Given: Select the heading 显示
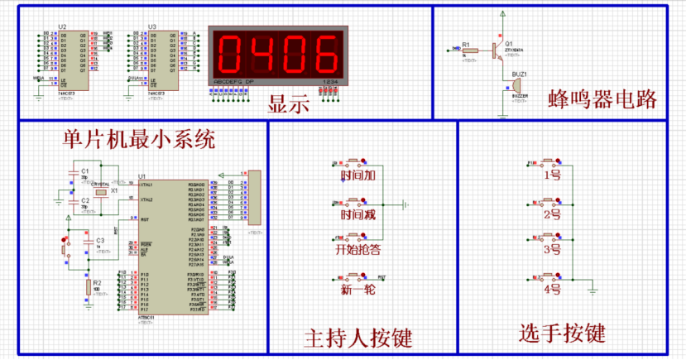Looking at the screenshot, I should [x=288, y=105].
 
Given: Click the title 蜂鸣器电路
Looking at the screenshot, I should [x=602, y=99].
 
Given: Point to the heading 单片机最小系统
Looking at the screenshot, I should [x=139, y=138].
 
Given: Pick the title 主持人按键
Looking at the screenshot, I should [x=358, y=338].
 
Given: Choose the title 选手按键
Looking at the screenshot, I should [x=562, y=334].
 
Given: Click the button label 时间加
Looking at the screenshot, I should [x=357, y=175].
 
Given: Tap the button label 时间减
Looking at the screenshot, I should [x=357, y=214].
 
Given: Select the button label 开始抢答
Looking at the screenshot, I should [x=357, y=249].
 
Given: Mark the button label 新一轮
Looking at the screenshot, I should [x=357, y=290].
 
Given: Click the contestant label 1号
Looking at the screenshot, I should [x=552, y=175].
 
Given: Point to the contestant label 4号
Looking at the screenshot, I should [x=552, y=289].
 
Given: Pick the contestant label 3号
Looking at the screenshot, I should [x=552, y=250].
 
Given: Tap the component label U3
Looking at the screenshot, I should [x=152, y=27].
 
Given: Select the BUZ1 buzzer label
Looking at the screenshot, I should [x=519, y=74].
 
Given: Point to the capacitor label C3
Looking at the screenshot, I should [x=99, y=240].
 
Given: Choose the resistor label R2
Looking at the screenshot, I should [x=97, y=282].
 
